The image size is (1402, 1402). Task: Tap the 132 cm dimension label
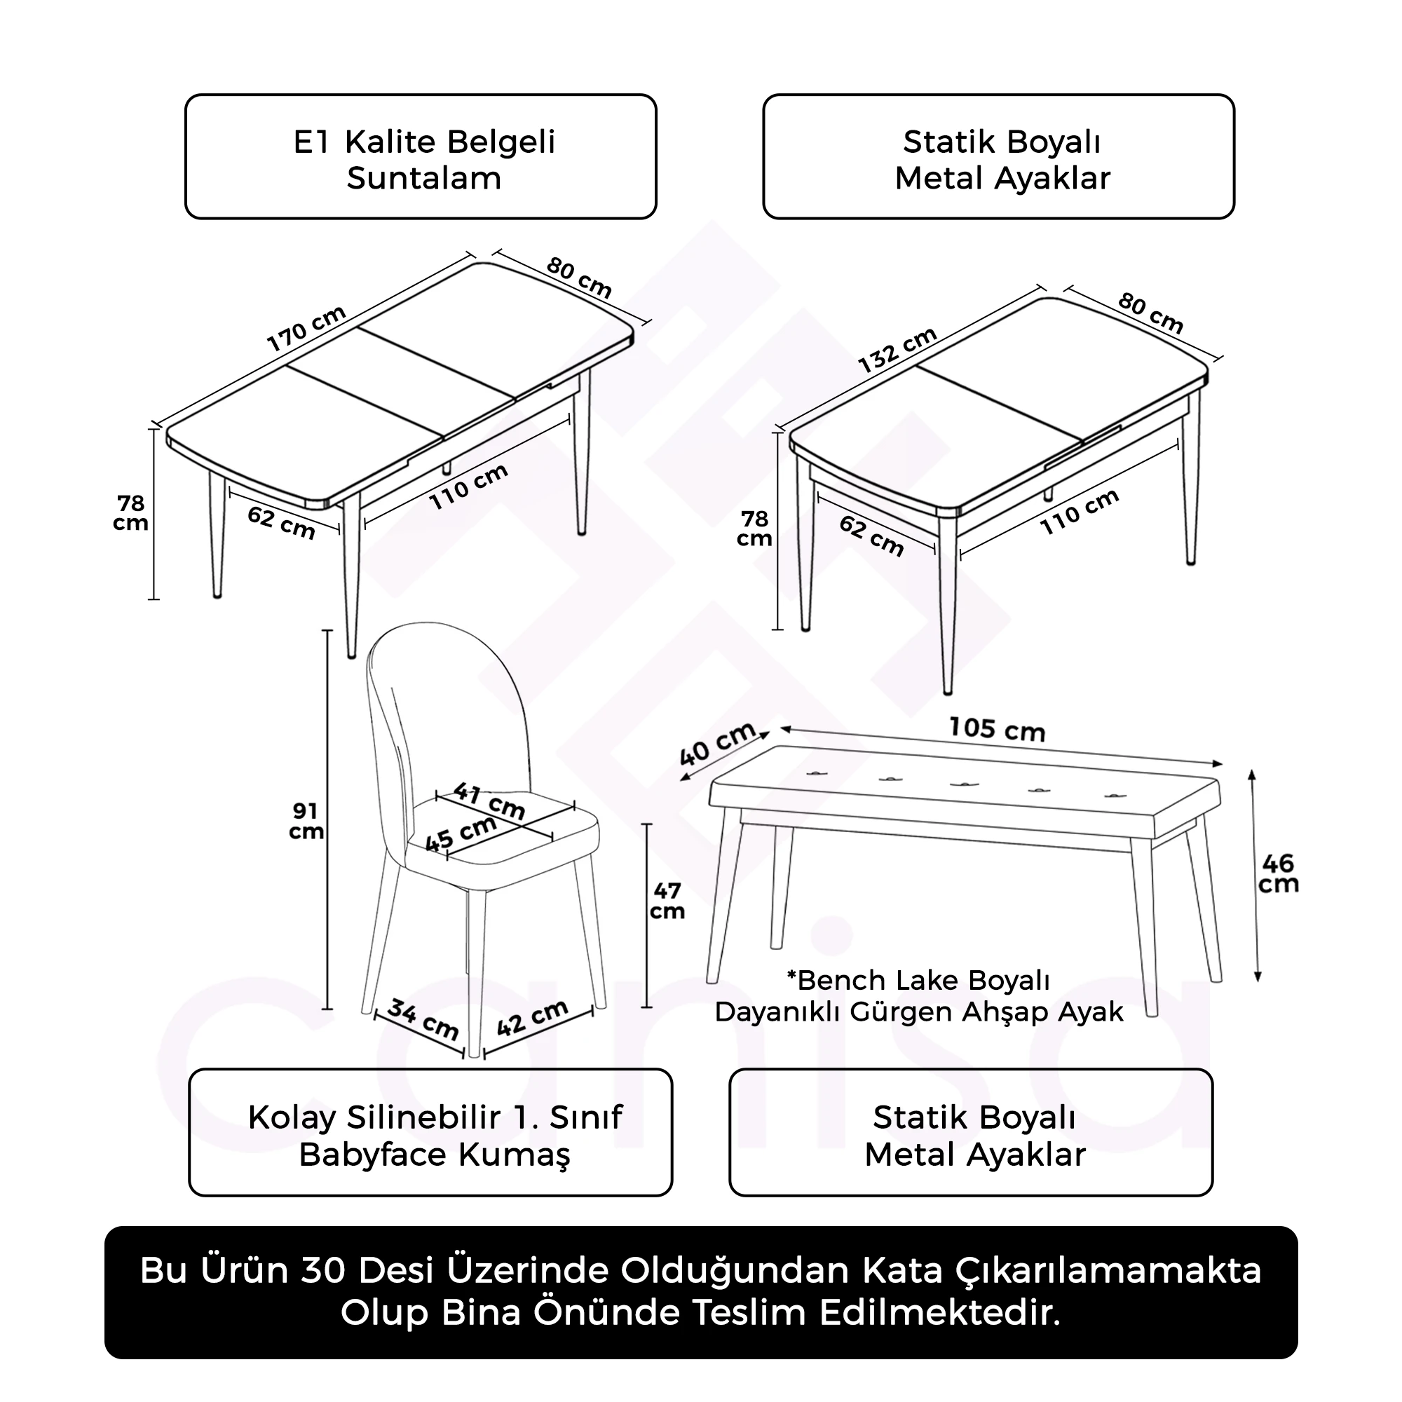(x=898, y=350)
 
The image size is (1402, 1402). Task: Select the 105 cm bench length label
(x=996, y=729)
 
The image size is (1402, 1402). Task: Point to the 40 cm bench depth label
(x=718, y=744)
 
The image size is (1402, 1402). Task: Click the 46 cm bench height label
(x=1278, y=873)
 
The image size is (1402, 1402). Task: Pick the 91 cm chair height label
(x=306, y=822)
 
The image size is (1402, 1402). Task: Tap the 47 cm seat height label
(x=666, y=901)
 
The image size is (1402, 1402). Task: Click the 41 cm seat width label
(x=489, y=801)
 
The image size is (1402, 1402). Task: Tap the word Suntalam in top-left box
(x=424, y=179)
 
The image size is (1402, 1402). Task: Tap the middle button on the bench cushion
(x=962, y=784)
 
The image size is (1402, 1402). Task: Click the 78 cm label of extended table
(x=131, y=513)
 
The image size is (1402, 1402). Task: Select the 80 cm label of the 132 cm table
(x=1150, y=312)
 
